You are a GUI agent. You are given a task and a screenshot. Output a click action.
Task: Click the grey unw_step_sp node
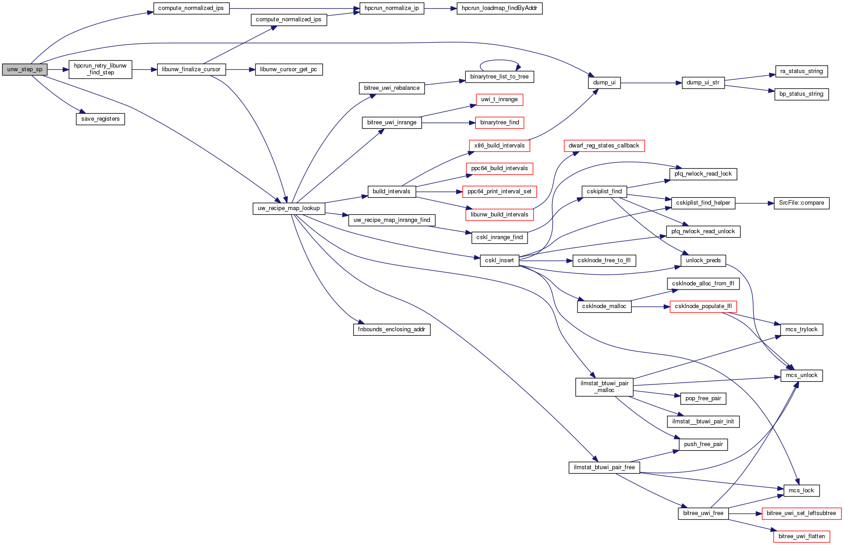(25, 69)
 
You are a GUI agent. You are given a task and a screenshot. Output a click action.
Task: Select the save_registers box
(100, 119)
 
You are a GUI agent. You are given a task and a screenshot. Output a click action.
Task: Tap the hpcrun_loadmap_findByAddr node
(499, 8)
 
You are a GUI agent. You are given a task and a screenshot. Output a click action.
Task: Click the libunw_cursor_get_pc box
(289, 69)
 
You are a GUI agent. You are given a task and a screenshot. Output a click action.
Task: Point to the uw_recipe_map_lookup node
(289, 208)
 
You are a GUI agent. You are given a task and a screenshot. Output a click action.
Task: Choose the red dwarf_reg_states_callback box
(604, 146)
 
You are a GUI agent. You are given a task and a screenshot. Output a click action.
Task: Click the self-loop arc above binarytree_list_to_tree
(499, 60)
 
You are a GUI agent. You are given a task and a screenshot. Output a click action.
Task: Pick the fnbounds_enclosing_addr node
(391, 329)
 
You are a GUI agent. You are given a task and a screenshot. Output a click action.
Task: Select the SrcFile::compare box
(801, 203)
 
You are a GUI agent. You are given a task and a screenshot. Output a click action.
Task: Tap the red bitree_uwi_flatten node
(801, 536)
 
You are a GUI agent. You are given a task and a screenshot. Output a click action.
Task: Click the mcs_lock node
(801, 491)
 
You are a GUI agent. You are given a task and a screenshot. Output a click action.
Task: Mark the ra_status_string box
(801, 71)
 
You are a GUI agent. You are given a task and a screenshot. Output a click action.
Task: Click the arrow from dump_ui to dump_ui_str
(651, 83)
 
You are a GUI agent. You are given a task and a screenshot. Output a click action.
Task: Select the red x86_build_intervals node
(499, 146)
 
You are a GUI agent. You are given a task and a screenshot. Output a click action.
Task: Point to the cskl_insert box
(499, 260)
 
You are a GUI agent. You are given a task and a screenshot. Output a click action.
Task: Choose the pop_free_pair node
(703, 398)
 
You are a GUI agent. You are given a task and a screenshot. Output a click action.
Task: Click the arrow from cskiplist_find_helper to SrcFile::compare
(754, 203)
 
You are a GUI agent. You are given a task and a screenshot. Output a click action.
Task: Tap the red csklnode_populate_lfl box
(703, 306)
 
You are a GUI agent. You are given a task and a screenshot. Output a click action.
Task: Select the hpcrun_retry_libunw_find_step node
(100, 69)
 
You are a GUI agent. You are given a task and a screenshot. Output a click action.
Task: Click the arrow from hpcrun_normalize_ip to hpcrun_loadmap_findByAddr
(440, 8)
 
